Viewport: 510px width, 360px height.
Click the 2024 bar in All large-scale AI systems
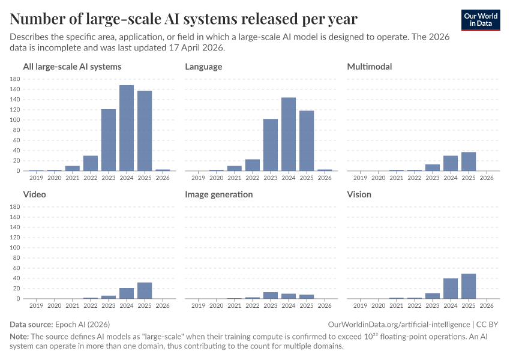coord(127,128)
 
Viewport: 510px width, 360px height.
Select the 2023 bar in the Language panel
coord(271,145)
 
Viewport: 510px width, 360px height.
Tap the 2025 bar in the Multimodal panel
coord(469,161)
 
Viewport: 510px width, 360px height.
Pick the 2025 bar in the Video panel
coord(145,290)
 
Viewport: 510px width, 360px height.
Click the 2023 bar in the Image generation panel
coord(271,295)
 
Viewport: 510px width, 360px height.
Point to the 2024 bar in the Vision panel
coord(451,289)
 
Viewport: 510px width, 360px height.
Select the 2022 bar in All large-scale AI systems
coord(91,163)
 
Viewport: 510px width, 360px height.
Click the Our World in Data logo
coord(481,20)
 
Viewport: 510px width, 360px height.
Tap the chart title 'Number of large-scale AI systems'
coord(184,19)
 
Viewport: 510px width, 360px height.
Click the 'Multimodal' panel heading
coord(370,67)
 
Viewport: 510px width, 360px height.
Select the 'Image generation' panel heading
coord(218,194)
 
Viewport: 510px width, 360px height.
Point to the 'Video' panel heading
coord(34,194)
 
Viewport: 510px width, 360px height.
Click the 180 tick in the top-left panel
coord(16,79)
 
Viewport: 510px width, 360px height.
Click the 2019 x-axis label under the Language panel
coord(199,178)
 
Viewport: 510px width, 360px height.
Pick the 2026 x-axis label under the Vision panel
coord(487,305)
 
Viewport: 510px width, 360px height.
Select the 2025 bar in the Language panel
coord(307,140)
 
